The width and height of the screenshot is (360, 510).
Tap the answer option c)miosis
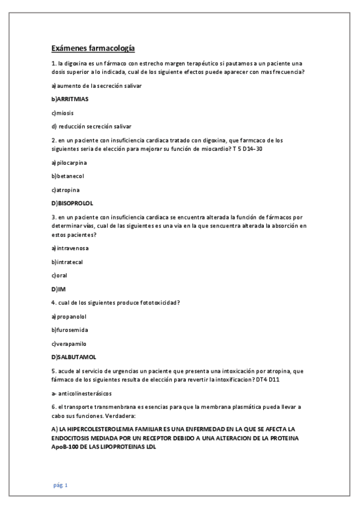coord(63,112)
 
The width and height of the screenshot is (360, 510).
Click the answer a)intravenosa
coord(71,248)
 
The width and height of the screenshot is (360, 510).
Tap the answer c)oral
coord(59,275)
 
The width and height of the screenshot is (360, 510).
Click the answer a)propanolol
coord(70,316)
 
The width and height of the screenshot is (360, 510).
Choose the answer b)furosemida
coord(71,330)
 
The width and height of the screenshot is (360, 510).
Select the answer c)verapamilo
coord(69,343)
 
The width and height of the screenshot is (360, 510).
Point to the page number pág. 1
coord(59,485)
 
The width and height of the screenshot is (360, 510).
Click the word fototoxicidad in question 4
coord(156,303)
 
